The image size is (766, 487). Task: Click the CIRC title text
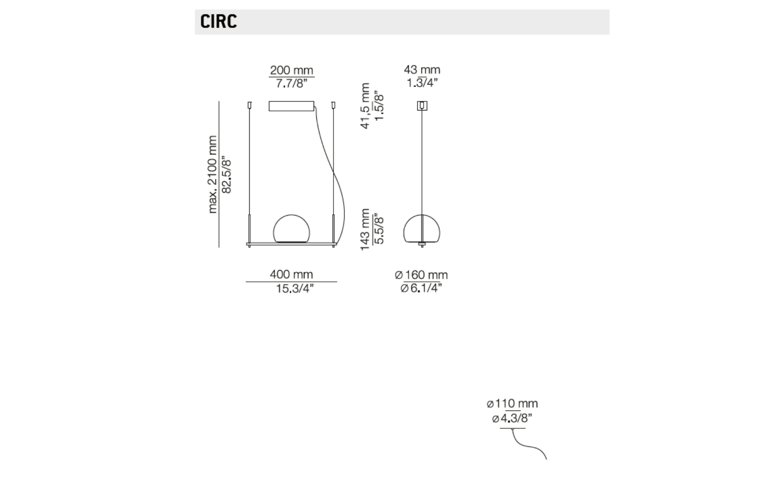pos(219,22)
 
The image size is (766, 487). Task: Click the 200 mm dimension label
pos(292,70)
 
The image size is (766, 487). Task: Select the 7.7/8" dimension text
pos(292,83)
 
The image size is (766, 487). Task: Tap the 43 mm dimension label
pos(422,70)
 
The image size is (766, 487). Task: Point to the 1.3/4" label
pos(422,83)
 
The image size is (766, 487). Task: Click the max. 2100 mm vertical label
pos(212,175)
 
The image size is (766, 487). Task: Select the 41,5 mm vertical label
pos(365,106)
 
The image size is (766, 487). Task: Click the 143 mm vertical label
pos(365,229)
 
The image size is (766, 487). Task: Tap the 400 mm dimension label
pos(292,275)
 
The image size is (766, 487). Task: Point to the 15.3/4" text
pos(295,289)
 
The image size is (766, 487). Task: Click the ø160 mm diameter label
pos(421,275)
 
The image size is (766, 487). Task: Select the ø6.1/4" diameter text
pos(421,289)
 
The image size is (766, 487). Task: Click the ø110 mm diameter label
pos(512,404)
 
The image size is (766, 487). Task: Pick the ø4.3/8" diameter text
pos(512,418)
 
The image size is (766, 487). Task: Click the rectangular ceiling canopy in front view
pos(292,106)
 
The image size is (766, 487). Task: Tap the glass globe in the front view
pos(292,229)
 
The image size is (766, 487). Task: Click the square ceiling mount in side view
pos(422,106)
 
